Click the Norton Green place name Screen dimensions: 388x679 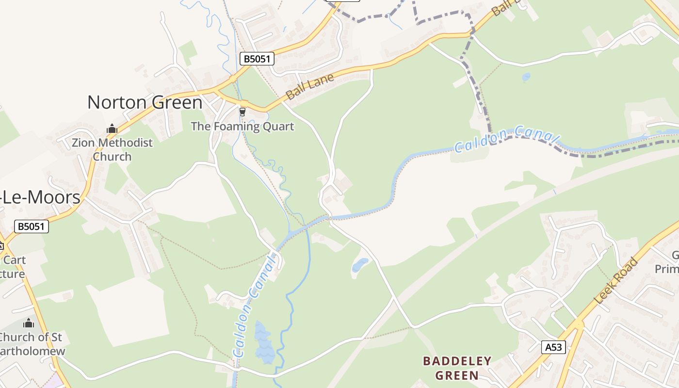[x=145, y=102]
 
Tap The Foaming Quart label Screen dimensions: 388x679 [x=242, y=127]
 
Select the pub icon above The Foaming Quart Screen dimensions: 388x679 [x=242, y=112]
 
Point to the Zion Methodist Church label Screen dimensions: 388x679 [x=112, y=149]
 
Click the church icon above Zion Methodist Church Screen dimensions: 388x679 [x=112, y=129]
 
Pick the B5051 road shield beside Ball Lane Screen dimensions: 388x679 [x=257, y=59]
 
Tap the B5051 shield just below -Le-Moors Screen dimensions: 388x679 [x=32, y=226]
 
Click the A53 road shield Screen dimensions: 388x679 [x=553, y=347]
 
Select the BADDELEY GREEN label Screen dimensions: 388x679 [x=457, y=368]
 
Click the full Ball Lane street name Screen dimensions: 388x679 [x=310, y=87]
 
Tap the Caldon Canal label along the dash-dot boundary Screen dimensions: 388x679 [x=507, y=138]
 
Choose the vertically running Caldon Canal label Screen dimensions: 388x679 [x=257, y=306]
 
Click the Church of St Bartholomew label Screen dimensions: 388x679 [x=31, y=344]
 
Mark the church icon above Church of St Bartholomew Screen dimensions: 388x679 [x=29, y=323]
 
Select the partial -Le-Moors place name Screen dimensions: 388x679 [x=40, y=197]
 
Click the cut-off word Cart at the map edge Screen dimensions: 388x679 [x=15, y=260]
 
